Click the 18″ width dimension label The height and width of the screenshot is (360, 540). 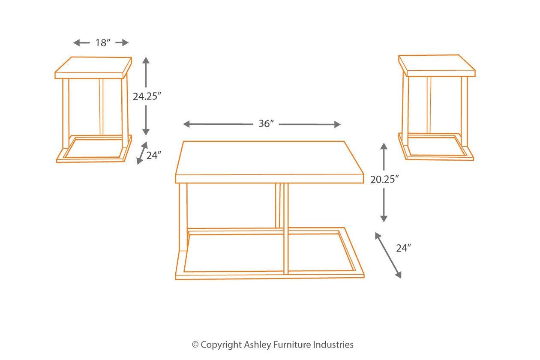tap(103, 43)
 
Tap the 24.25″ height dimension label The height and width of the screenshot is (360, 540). tap(147, 96)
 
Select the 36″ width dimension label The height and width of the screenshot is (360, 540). tap(266, 124)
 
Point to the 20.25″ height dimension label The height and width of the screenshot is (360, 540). tap(384, 180)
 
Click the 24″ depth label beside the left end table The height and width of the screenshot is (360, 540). tap(153, 156)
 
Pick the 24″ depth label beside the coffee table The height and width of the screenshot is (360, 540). tap(404, 248)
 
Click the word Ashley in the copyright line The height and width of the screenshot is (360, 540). tap(258, 345)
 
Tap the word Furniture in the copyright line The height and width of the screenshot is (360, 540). tap(292, 345)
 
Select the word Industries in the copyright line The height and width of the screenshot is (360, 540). tap(333, 345)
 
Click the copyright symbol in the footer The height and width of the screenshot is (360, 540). tap(195, 345)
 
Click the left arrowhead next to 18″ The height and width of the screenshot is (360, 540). tap(77, 43)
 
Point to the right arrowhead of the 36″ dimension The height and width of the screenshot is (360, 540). tap(337, 124)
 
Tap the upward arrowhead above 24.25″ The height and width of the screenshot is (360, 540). tap(146, 60)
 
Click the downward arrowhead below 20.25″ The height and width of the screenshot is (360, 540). tap(384, 219)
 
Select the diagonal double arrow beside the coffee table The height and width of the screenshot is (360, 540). tap(388, 255)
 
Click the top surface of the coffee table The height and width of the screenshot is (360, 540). tap(269, 158)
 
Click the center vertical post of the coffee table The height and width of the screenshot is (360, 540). tap(286, 228)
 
